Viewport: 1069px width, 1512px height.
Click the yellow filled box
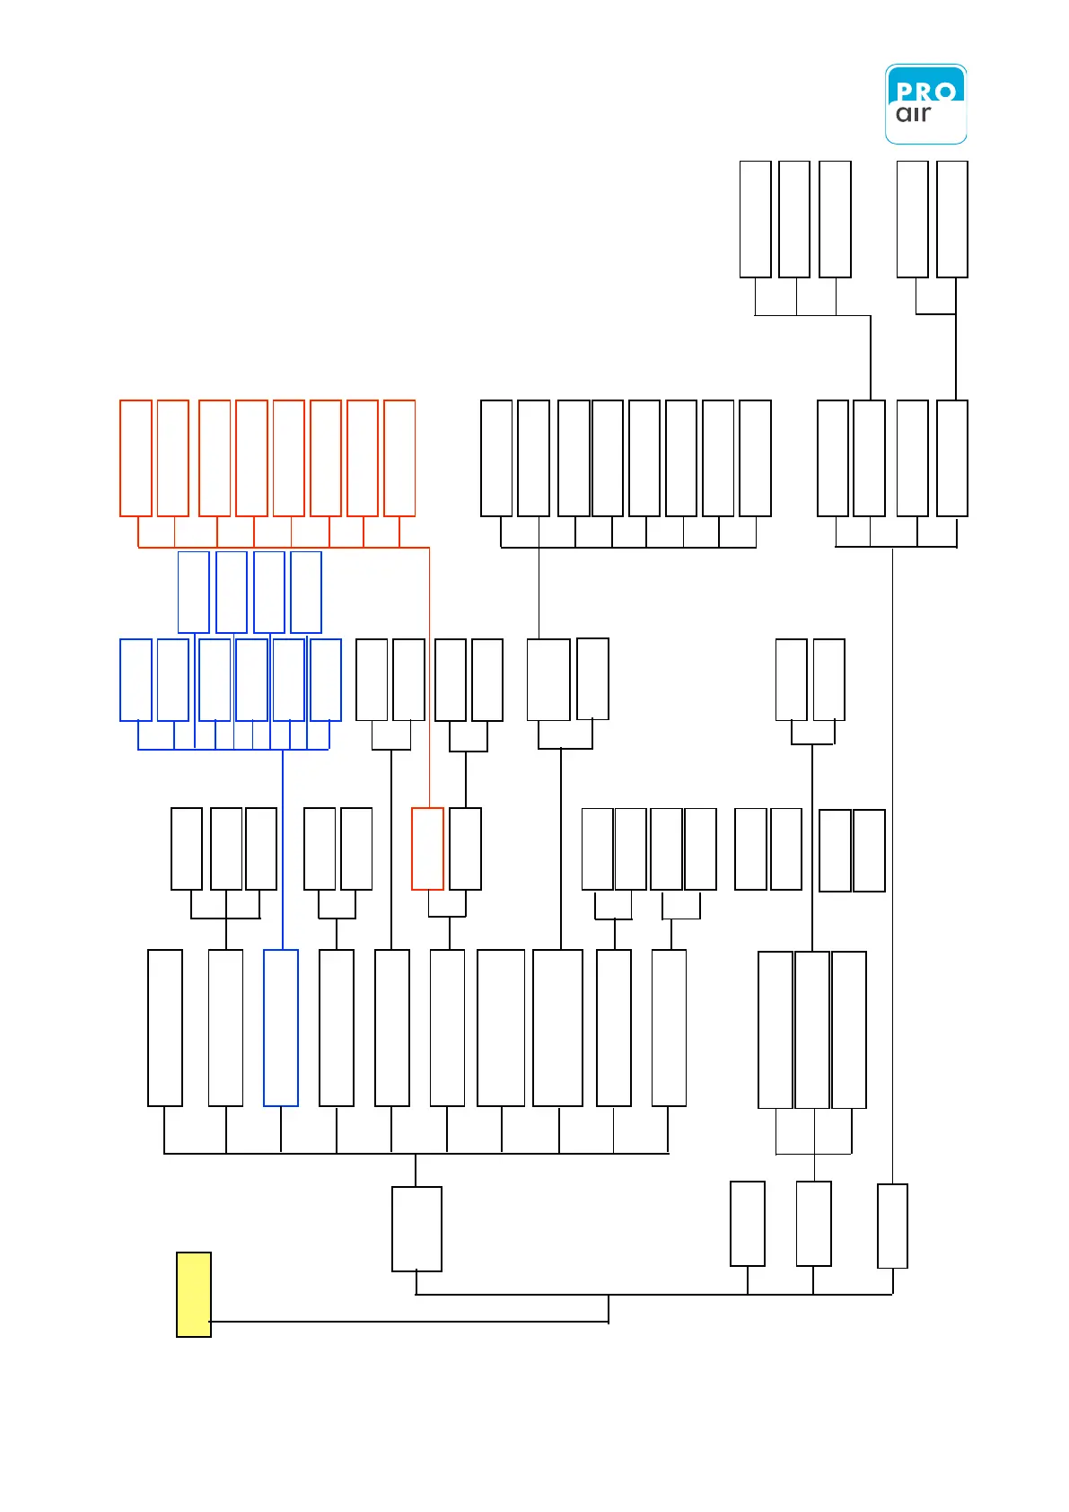coord(194,1294)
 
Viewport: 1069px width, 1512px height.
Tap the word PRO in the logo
coord(925,92)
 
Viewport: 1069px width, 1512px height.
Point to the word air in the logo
coord(913,114)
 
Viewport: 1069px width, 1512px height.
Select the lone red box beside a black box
coord(427,848)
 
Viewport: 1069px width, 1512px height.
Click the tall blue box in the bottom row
coord(281,1028)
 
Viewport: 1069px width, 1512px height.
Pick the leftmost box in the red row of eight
coord(136,458)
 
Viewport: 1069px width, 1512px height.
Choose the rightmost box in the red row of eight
coord(399,458)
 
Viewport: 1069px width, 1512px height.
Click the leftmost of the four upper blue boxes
coord(194,592)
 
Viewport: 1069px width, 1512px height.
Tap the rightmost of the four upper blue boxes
coord(306,592)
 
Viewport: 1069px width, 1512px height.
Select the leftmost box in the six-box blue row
coord(136,680)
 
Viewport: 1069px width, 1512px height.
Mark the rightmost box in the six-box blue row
coord(326,680)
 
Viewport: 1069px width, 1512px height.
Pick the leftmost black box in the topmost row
coord(755,219)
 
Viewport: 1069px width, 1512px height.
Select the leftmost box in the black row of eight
coord(496,458)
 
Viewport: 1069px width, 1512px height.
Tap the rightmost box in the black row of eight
coord(755,458)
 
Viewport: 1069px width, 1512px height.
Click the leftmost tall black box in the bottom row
coord(165,1028)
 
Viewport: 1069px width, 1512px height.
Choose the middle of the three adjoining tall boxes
coord(812,1030)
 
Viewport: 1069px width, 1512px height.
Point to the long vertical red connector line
coord(429,673)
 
